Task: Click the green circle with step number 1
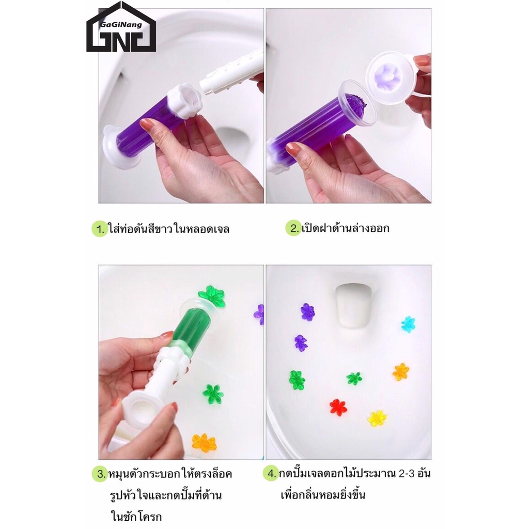pos(100,229)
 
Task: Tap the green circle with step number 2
pos(293,228)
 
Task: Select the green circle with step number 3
pos(100,474)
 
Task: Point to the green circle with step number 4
pos(271,473)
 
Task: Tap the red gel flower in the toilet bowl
pos(338,407)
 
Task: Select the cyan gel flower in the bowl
pos(408,324)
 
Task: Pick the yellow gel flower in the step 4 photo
pos(377,418)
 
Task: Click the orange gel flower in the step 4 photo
pos(401,372)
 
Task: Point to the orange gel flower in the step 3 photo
pos(204,443)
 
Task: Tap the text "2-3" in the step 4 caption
pos(406,474)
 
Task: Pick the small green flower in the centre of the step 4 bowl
pos(354,378)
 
